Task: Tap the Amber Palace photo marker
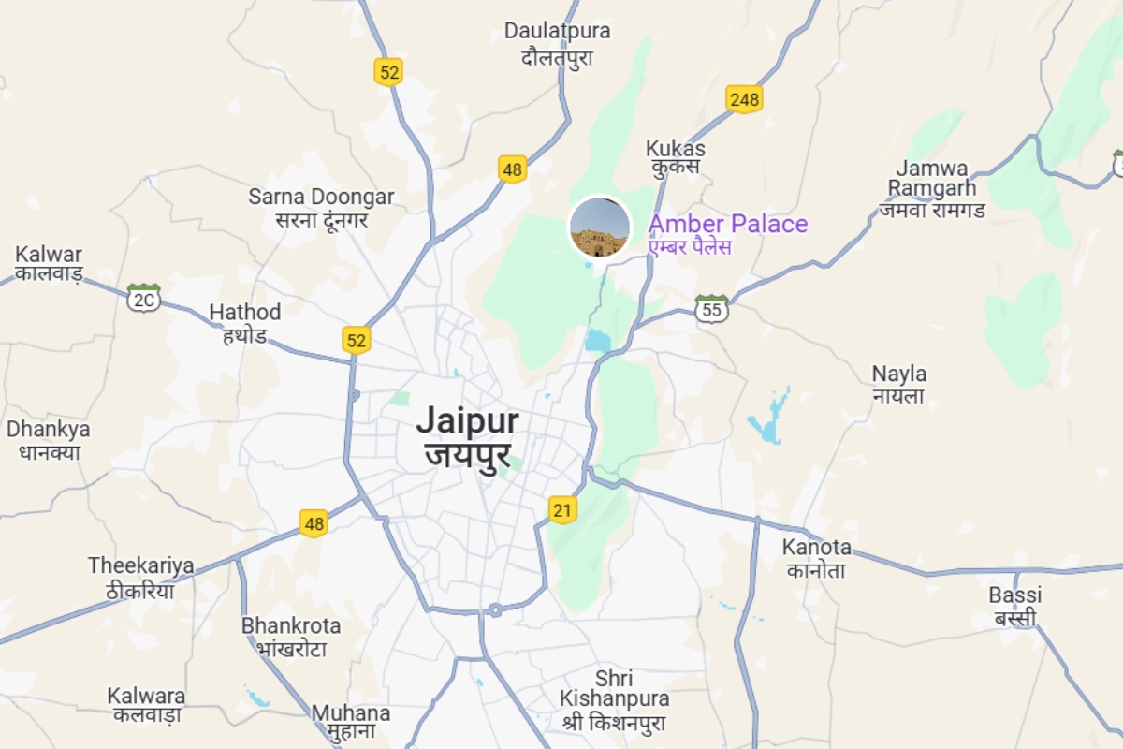tap(599, 227)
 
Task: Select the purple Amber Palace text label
tap(727, 225)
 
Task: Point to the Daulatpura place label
tap(557, 43)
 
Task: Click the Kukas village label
tap(675, 157)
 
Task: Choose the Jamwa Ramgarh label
tap(931, 188)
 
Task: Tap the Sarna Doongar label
tap(321, 208)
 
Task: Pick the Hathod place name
tap(244, 323)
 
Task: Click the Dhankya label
tap(48, 440)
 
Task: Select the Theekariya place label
tap(141, 577)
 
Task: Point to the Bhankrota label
tap(291, 637)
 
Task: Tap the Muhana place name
tap(350, 722)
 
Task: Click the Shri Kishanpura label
tap(614, 699)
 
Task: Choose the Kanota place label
tap(817, 558)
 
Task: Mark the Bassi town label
tap(1014, 606)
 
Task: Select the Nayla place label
tap(898, 385)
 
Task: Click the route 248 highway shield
tap(744, 98)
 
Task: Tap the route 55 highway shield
tap(712, 309)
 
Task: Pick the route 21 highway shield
tap(561, 509)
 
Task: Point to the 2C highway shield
tap(144, 299)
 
